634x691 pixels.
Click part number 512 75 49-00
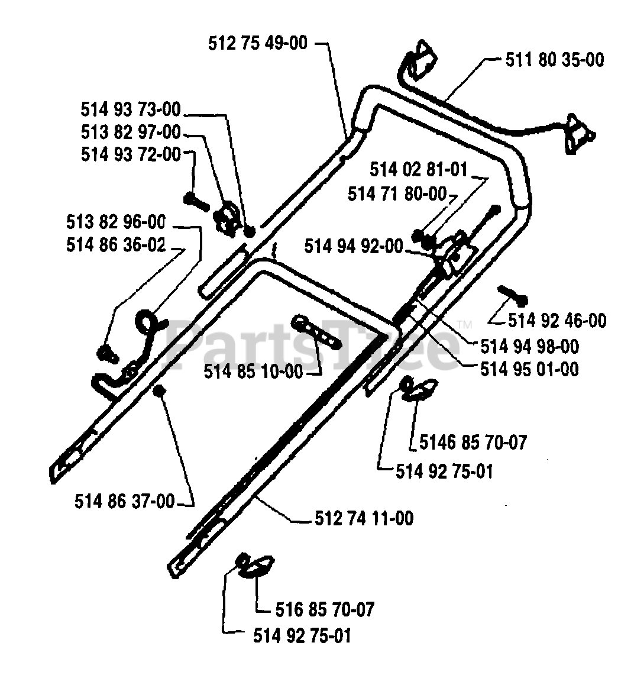point(258,43)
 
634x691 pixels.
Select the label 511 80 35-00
point(555,60)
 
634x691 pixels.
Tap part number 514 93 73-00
point(131,109)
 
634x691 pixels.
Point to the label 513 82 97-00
point(131,132)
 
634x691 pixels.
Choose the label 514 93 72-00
point(131,154)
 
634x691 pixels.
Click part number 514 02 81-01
point(419,170)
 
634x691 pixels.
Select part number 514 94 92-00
point(353,246)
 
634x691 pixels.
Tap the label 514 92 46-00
point(557,321)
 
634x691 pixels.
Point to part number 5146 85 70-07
point(473,442)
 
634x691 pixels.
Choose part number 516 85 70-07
point(325,609)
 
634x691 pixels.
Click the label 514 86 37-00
point(125,502)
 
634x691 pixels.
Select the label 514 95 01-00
point(529,369)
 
